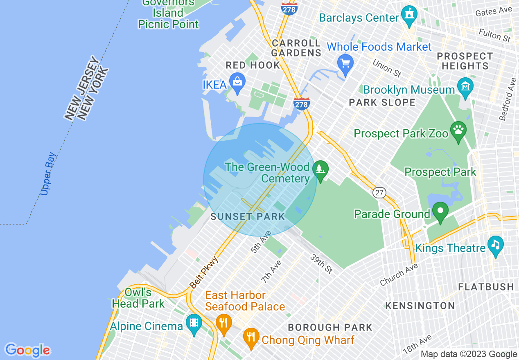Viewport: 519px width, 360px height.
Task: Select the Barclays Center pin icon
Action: pyautogui.click(x=409, y=15)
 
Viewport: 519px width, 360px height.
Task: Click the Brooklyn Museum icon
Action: pyautogui.click(x=466, y=87)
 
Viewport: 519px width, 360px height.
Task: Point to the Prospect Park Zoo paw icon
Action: pyautogui.click(x=458, y=130)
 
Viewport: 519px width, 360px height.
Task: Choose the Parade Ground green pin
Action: pyautogui.click(x=440, y=211)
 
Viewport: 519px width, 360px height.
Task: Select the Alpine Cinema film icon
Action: pyautogui.click(x=194, y=323)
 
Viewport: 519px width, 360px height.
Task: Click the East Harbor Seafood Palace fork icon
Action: pyautogui.click(x=223, y=322)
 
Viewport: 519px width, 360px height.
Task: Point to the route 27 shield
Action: pyautogui.click(x=380, y=192)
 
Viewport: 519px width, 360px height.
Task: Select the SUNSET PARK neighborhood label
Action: pyautogui.click(x=248, y=217)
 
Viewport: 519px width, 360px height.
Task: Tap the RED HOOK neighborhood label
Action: pyautogui.click(x=253, y=65)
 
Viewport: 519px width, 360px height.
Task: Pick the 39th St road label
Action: pyautogui.click(x=321, y=263)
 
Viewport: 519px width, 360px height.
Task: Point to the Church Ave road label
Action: pyautogui.click(x=399, y=274)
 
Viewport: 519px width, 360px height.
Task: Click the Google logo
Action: pyautogui.click(x=27, y=350)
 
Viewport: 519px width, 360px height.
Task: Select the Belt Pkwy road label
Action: pyautogui.click(x=204, y=272)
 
